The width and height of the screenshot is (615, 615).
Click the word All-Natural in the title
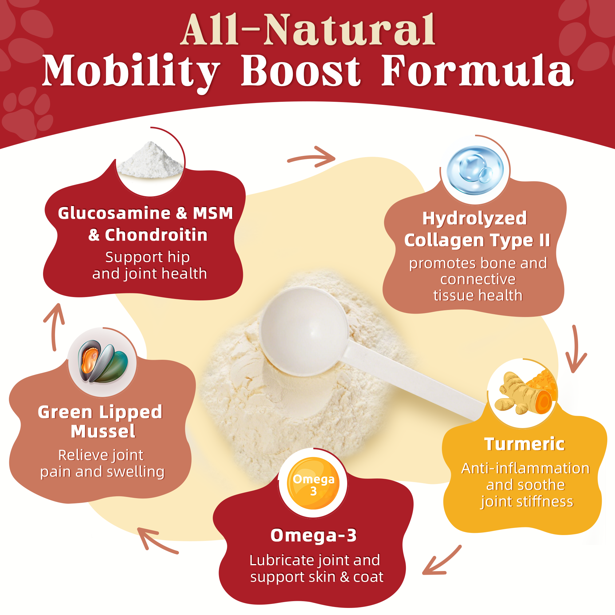point(307,30)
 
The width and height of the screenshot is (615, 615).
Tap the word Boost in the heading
point(300,71)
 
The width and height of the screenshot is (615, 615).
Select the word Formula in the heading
point(477,71)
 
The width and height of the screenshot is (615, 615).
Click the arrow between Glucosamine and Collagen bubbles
point(312,157)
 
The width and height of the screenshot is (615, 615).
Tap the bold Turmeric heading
point(524,444)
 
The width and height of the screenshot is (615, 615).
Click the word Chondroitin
point(156,235)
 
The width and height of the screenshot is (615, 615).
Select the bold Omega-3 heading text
point(313,535)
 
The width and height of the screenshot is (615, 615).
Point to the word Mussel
point(103,432)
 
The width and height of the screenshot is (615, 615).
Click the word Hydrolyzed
point(474,218)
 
